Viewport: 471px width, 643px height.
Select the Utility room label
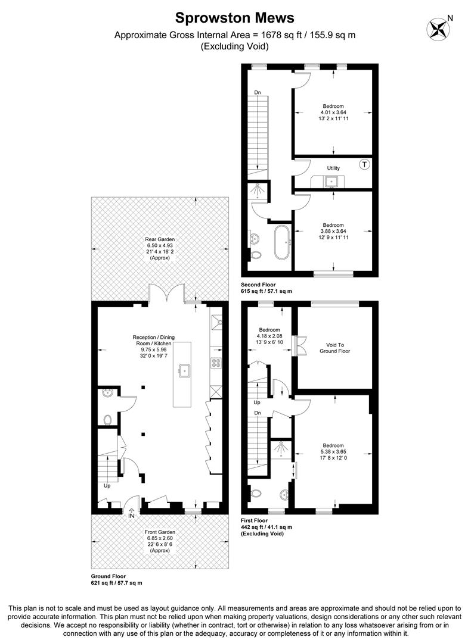(x=333, y=168)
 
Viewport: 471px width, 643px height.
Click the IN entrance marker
(x=131, y=516)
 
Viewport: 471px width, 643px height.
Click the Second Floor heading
(x=258, y=285)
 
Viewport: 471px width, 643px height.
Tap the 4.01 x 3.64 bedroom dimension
(x=333, y=113)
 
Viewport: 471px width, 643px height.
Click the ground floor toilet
(x=107, y=420)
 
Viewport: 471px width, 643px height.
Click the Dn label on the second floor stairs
(x=258, y=92)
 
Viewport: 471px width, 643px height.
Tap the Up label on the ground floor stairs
(x=107, y=486)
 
